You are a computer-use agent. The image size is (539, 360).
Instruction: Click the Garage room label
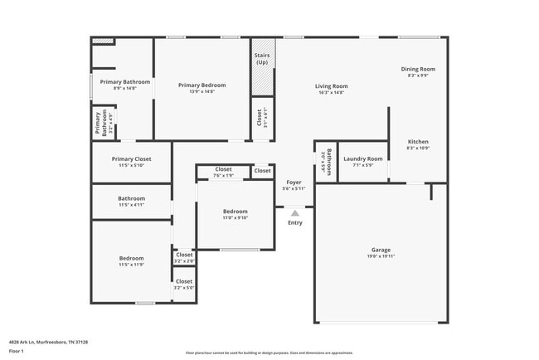coord(381,250)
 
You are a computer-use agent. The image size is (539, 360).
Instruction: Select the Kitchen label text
coord(417,142)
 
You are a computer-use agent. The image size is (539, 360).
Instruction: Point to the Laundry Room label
coord(363,158)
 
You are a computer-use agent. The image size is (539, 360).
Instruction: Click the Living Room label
coord(330,86)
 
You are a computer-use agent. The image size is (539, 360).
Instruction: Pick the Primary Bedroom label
coord(202,85)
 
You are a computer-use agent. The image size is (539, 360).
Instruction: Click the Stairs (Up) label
coord(262,59)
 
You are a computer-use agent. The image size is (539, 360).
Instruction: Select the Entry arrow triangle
coord(294,213)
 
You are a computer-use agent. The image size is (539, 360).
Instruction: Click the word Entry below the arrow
coord(294,222)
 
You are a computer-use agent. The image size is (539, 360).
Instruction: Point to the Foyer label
coord(294,182)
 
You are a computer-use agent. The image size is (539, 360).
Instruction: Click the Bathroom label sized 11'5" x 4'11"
coord(131,198)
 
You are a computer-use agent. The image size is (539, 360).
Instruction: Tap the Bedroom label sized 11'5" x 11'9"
coord(131,258)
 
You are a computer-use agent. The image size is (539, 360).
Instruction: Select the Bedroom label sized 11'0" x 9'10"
coord(236,212)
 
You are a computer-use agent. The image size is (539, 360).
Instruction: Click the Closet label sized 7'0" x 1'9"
coord(224,169)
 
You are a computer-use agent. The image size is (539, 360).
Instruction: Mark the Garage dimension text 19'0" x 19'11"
coord(381,256)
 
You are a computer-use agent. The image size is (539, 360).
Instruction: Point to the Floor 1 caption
coord(17,351)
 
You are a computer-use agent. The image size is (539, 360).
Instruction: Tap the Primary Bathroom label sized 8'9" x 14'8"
coord(124,82)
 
